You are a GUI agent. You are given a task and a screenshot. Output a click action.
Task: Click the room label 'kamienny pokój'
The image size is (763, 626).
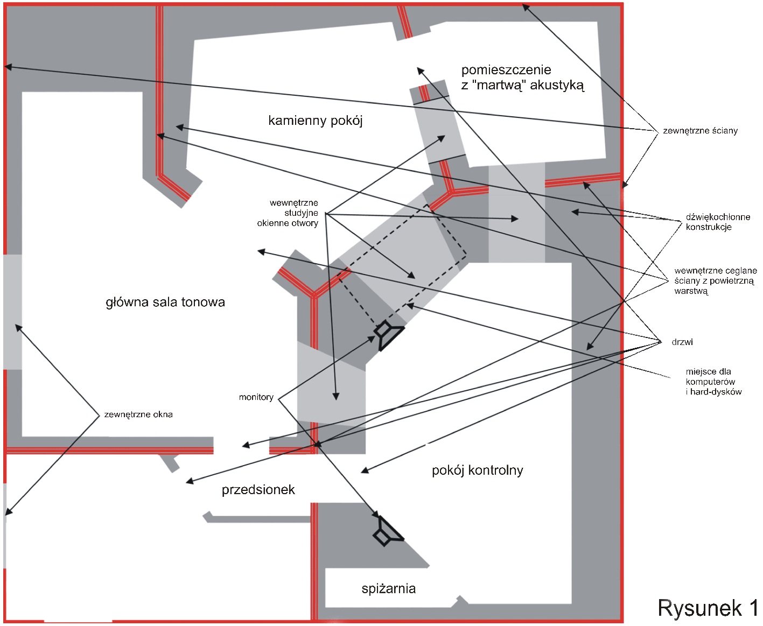tap(315, 121)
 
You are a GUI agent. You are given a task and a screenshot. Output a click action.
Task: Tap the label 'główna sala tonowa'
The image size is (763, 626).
tap(165, 302)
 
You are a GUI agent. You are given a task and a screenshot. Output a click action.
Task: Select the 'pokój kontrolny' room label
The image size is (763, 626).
tap(478, 470)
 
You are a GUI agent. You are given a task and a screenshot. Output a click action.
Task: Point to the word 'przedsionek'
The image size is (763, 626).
tap(258, 490)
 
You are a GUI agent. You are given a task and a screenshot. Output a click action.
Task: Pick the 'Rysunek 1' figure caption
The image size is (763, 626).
tap(708, 608)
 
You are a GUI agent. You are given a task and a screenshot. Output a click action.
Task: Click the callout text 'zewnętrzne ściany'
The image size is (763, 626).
tap(700, 131)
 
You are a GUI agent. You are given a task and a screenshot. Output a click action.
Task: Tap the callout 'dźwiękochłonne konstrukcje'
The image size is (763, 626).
tap(718, 222)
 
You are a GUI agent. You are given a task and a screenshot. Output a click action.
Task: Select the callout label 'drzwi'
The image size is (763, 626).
tap(682, 342)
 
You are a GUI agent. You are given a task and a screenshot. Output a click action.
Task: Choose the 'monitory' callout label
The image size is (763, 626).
tap(256, 397)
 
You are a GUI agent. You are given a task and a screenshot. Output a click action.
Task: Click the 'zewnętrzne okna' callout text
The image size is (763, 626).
tap(138, 414)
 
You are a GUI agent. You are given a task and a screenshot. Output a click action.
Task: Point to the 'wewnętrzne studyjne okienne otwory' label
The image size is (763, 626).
tap(288, 213)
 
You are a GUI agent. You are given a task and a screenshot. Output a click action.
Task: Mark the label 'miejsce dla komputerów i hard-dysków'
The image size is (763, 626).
tap(713, 382)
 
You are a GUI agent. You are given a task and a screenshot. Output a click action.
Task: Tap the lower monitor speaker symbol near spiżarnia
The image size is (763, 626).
tap(388, 531)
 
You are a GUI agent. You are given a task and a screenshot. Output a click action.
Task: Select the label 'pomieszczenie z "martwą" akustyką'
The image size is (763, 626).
tap(522, 78)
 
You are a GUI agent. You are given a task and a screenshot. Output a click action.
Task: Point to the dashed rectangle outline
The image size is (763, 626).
tap(402, 264)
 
